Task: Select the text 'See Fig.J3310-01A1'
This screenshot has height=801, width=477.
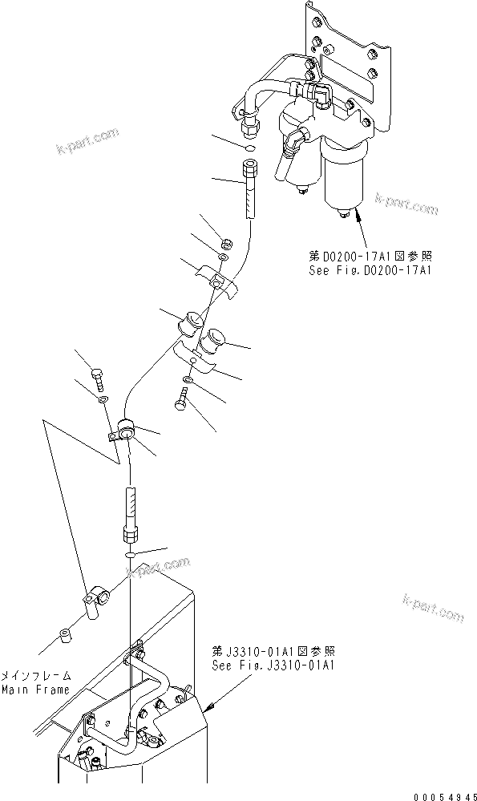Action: pyautogui.click(x=261, y=665)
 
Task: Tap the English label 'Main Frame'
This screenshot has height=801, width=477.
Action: pyautogui.click(x=34, y=689)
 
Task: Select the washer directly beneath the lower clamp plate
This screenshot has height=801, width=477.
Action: pyautogui.click(x=188, y=379)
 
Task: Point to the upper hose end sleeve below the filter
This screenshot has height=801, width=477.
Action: pyautogui.click(x=249, y=189)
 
